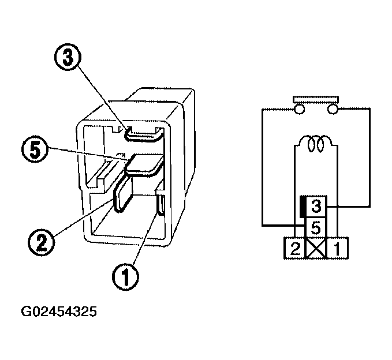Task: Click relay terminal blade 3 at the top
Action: (x=142, y=135)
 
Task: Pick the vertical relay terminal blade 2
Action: (x=122, y=195)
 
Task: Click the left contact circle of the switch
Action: (x=298, y=109)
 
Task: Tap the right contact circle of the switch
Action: (x=333, y=109)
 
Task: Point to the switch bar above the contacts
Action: (x=316, y=98)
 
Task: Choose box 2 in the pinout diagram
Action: (x=294, y=249)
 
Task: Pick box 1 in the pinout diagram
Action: (x=338, y=249)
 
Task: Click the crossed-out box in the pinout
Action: (x=316, y=249)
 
